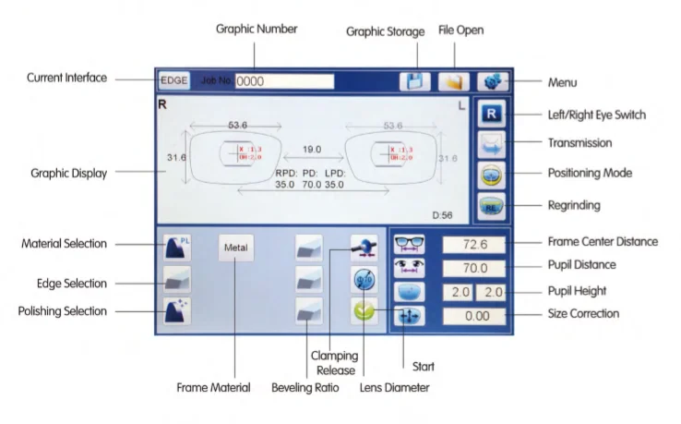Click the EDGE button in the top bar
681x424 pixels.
tap(173, 80)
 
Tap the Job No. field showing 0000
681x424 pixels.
tap(284, 81)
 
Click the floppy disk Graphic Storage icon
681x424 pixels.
tap(414, 80)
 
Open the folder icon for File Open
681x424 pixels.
tap(453, 80)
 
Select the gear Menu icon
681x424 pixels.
tap(493, 80)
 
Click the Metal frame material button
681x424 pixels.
tap(237, 247)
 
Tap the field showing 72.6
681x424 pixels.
tap(474, 245)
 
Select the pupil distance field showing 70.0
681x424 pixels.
tap(474, 268)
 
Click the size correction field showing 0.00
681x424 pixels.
tap(474, 315)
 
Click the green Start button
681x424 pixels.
tap(364, 311)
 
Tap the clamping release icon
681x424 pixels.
tap(364, 246)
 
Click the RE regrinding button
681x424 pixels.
tap(492, 206)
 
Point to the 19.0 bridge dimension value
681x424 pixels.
tap(312, 148)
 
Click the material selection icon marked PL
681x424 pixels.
tap(177, 247)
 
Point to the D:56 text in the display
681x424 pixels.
tap(443, 214)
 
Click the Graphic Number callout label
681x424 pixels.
tap(257, 29)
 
